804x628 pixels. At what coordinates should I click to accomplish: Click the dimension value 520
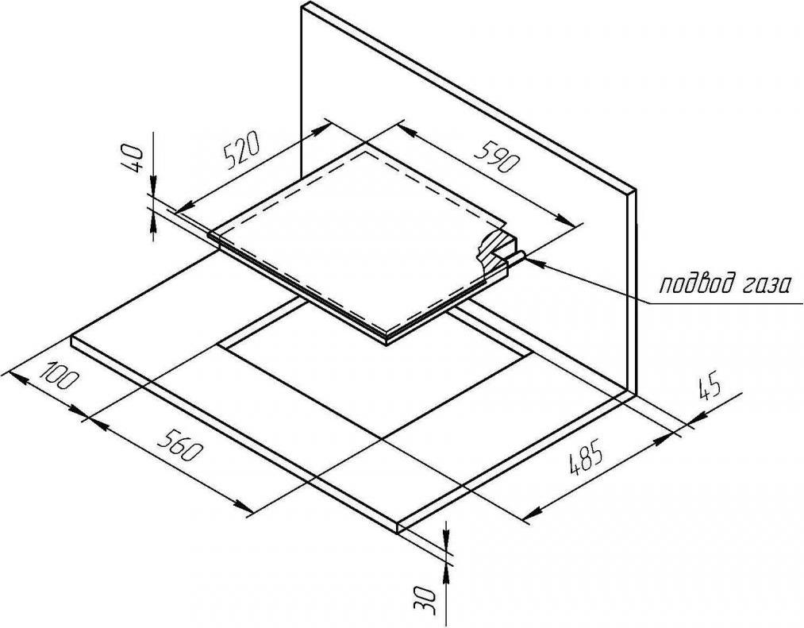[241, 151]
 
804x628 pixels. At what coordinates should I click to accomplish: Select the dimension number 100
[61, 375]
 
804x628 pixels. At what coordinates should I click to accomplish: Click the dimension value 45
[710, 390]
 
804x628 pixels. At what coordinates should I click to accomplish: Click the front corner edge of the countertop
[398, 527]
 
